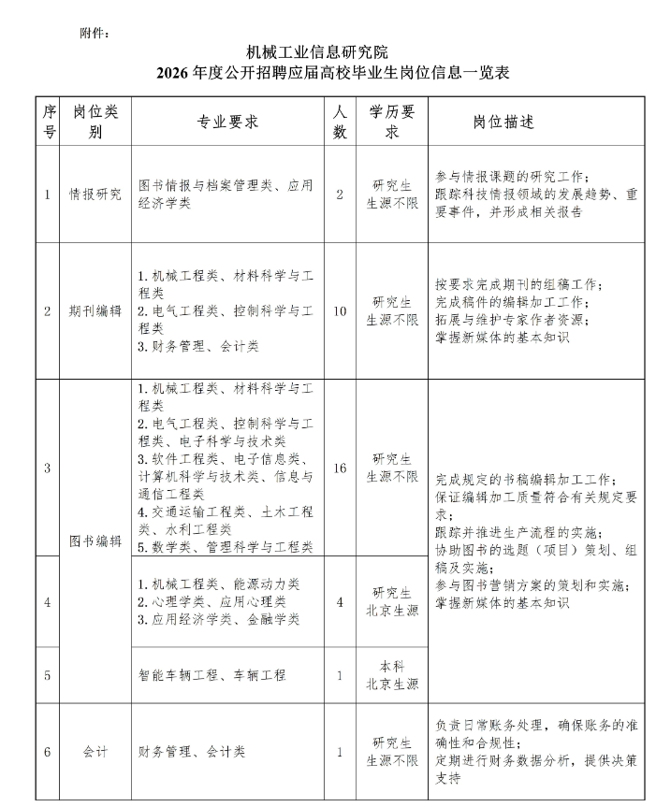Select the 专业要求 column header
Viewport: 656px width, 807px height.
click(227, 122)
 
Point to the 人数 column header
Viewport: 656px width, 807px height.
click(340, 122)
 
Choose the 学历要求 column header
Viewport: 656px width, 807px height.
click(392, 122)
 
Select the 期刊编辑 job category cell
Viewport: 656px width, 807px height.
click(95, 311)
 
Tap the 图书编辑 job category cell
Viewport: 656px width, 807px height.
click(95, 540)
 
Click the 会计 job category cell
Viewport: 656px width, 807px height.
click(95, 751)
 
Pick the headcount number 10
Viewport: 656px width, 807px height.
click(340, 311)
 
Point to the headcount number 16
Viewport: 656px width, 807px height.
click(340, 468)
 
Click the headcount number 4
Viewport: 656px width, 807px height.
click(340, 601)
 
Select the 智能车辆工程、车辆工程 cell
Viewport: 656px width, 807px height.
click(212, 674)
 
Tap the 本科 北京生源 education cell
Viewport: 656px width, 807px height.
click(392, 674)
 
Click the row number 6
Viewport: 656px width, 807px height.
click(48, 751)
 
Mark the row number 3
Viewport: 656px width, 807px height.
click(48, 468)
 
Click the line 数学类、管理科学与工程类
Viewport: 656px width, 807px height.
click(226, 547)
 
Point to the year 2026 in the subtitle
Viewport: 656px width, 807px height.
click(173, 73)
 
